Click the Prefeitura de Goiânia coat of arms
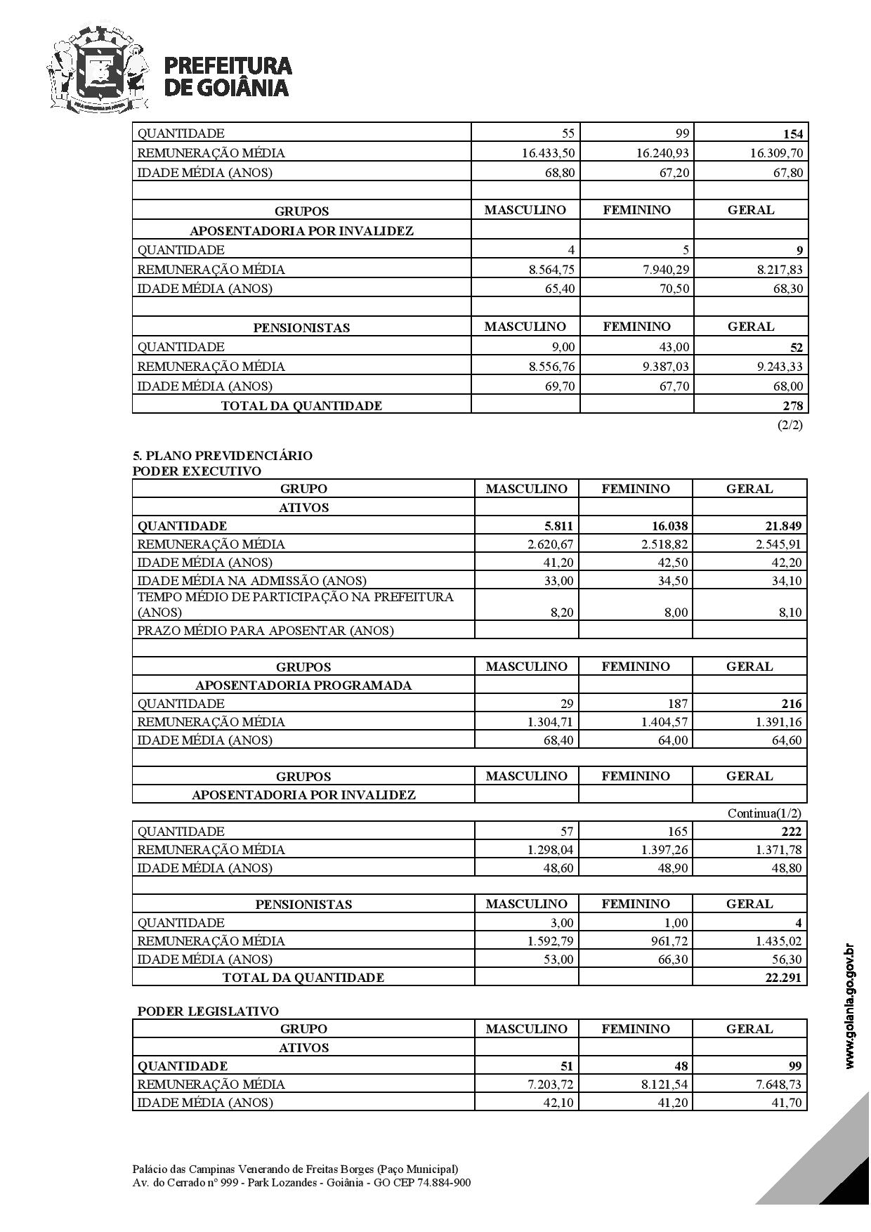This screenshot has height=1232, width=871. [x=98, y=68]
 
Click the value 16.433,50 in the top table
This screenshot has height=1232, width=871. [x=548, y=153]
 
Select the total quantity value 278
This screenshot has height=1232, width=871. [x=794, y=405]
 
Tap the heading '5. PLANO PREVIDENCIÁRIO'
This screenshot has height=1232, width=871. [x=223, y=455]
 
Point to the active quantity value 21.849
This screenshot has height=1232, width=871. [x=782, y=526]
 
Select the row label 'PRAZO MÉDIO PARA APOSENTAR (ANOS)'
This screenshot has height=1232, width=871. [x=265, y=630]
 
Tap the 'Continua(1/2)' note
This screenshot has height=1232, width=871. [x=764, y=813]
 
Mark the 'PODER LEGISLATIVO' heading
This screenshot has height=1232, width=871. [x=208, y=1011]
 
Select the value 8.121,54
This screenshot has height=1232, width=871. [x=664, y=1084]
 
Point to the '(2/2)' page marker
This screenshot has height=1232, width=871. [x=790, y=425]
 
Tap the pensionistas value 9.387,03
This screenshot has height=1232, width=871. [x=664, y=366]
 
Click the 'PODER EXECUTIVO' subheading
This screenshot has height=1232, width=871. [x=197, y=471]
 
